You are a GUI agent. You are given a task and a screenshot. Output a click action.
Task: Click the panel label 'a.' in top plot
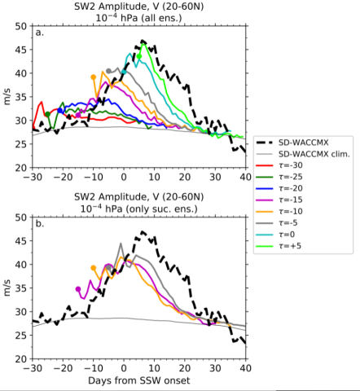click(x=39, y=33)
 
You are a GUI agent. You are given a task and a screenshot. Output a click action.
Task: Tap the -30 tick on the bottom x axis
click(x=33, y=367)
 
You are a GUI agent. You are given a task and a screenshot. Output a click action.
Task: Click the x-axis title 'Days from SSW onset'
click(x=138, y=380)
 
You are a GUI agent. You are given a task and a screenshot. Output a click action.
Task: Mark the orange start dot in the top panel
click(x=94, y=77)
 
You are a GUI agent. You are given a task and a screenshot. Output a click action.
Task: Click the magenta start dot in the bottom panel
click(x=78, y=289)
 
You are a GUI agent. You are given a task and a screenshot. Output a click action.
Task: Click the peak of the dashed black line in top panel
click(x=143, y=41)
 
